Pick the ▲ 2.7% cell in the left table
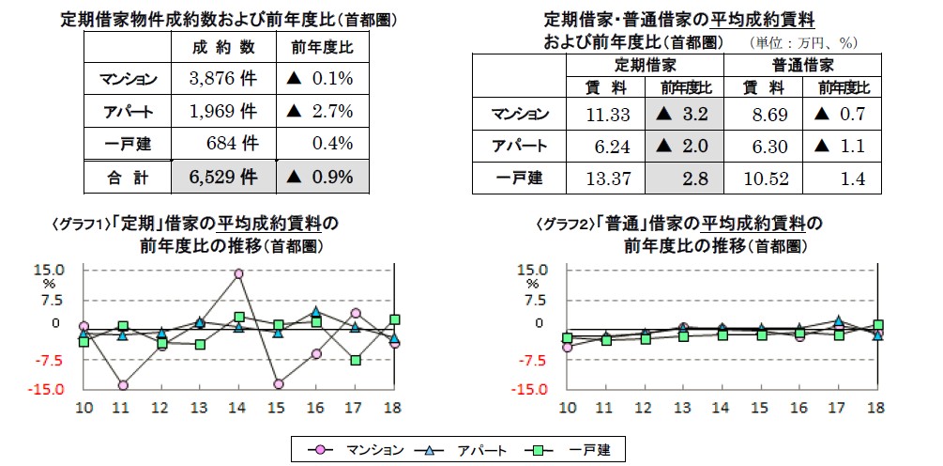(x=322, y=112)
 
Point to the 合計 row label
(x=128, y=176)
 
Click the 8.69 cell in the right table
(x=763, y=115)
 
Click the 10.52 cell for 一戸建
(x=763, y=178)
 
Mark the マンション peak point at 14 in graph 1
(x=239, y=273)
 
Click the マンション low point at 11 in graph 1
(x=123, y=385)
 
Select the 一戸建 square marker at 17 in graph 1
(x=356, y=360)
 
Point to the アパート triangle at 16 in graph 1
(x=316, y=311)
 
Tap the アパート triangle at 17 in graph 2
(x=838, y=320)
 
